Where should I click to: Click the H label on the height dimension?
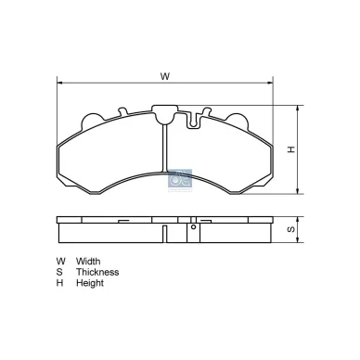(x=289, y=148)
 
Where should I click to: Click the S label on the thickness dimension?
(x=289, y=229)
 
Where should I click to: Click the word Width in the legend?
(x=89, y=261)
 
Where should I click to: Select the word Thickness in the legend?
(x=97, y=272)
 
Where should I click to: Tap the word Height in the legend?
(x=91, y=283)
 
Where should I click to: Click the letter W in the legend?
(x=61, y=261)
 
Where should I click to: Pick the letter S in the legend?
(x=60, y=272)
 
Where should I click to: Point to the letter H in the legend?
(x=60, y=283)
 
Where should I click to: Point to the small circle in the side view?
(x=193, y=225)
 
